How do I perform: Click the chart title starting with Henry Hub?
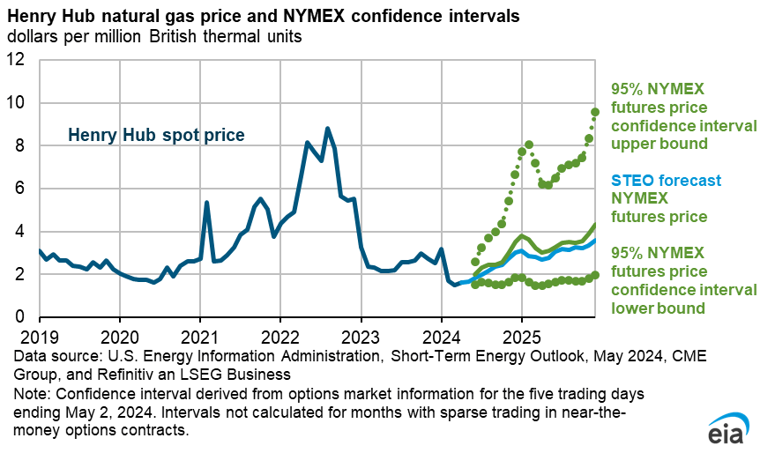(263, 17)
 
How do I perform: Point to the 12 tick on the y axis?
(19, 61)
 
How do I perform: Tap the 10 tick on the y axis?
(19, 103)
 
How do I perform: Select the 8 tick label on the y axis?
(24, 146)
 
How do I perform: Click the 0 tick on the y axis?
(24, 317)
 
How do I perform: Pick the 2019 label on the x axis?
(39, 338)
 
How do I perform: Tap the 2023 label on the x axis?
(361, 338)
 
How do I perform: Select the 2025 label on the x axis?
(521, 338)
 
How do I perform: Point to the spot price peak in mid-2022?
(327, 129)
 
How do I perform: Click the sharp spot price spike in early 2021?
(206, 203)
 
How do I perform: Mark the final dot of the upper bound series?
(595, 112)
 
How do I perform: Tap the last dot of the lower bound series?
(595, 274)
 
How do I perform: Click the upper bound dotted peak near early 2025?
(528, 145)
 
